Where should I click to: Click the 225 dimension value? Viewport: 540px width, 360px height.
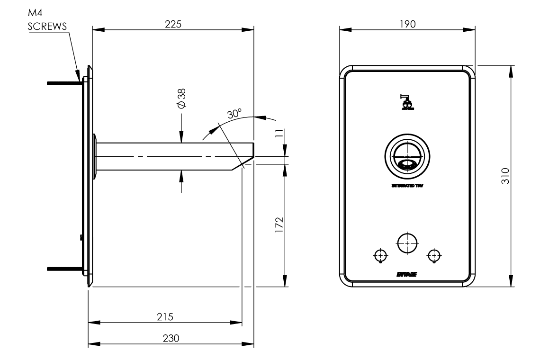[x=173, y=24]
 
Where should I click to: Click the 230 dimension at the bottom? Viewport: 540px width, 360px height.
[x=171, y=338]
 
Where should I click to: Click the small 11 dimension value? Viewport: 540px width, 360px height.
[x=279, y=134]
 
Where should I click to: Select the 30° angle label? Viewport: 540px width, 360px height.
[x=234, y=114]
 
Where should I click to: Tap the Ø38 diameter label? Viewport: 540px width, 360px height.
[x=181, y=99]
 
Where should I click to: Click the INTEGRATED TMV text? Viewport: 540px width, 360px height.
[x=407, y=186]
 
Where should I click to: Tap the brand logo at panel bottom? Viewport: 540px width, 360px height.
[x=407, y=274]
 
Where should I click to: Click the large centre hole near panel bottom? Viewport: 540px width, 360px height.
[x=406, y=243]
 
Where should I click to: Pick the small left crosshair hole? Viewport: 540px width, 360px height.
[x=380, y=255]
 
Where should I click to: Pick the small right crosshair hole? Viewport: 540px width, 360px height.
[x=433, y=255]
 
